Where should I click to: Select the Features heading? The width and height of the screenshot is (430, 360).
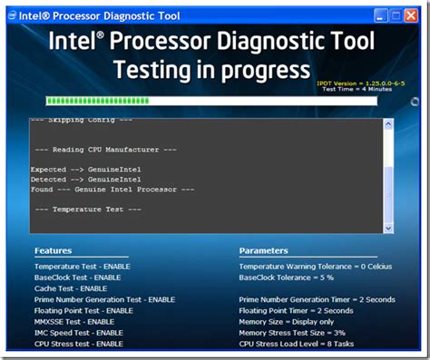coord(53,250)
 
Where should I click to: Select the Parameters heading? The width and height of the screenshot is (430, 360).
coord(263,250)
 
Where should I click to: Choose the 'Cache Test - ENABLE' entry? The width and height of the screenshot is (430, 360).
coord(71,287)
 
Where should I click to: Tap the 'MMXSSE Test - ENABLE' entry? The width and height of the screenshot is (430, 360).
coord(74,321)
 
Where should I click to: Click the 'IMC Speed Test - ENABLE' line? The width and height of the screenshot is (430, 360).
coord(79,332)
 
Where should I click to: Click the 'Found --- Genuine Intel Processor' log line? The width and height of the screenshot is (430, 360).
coord(112,189)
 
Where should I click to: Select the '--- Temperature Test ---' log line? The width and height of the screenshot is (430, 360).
coord(87,209)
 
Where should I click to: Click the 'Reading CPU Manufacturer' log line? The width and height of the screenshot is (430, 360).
coord(104,149)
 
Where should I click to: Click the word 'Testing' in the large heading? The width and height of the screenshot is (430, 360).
coord(158,70)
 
